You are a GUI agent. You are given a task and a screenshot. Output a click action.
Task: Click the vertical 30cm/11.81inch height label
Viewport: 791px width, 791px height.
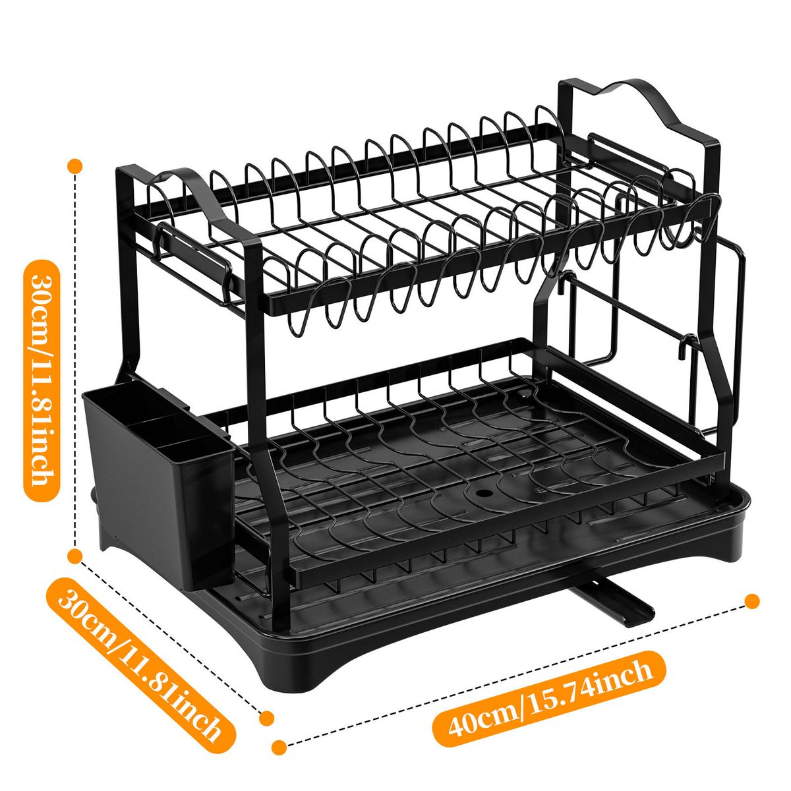42,380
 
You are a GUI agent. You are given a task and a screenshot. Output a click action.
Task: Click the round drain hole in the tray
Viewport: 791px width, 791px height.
483,491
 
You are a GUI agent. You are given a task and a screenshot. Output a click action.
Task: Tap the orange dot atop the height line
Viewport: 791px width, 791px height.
74,166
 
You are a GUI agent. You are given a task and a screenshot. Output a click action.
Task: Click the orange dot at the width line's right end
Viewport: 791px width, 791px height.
751,601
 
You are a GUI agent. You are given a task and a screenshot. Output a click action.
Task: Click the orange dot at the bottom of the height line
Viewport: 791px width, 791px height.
74,556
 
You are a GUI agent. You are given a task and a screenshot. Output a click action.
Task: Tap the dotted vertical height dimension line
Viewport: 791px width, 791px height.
74,361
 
